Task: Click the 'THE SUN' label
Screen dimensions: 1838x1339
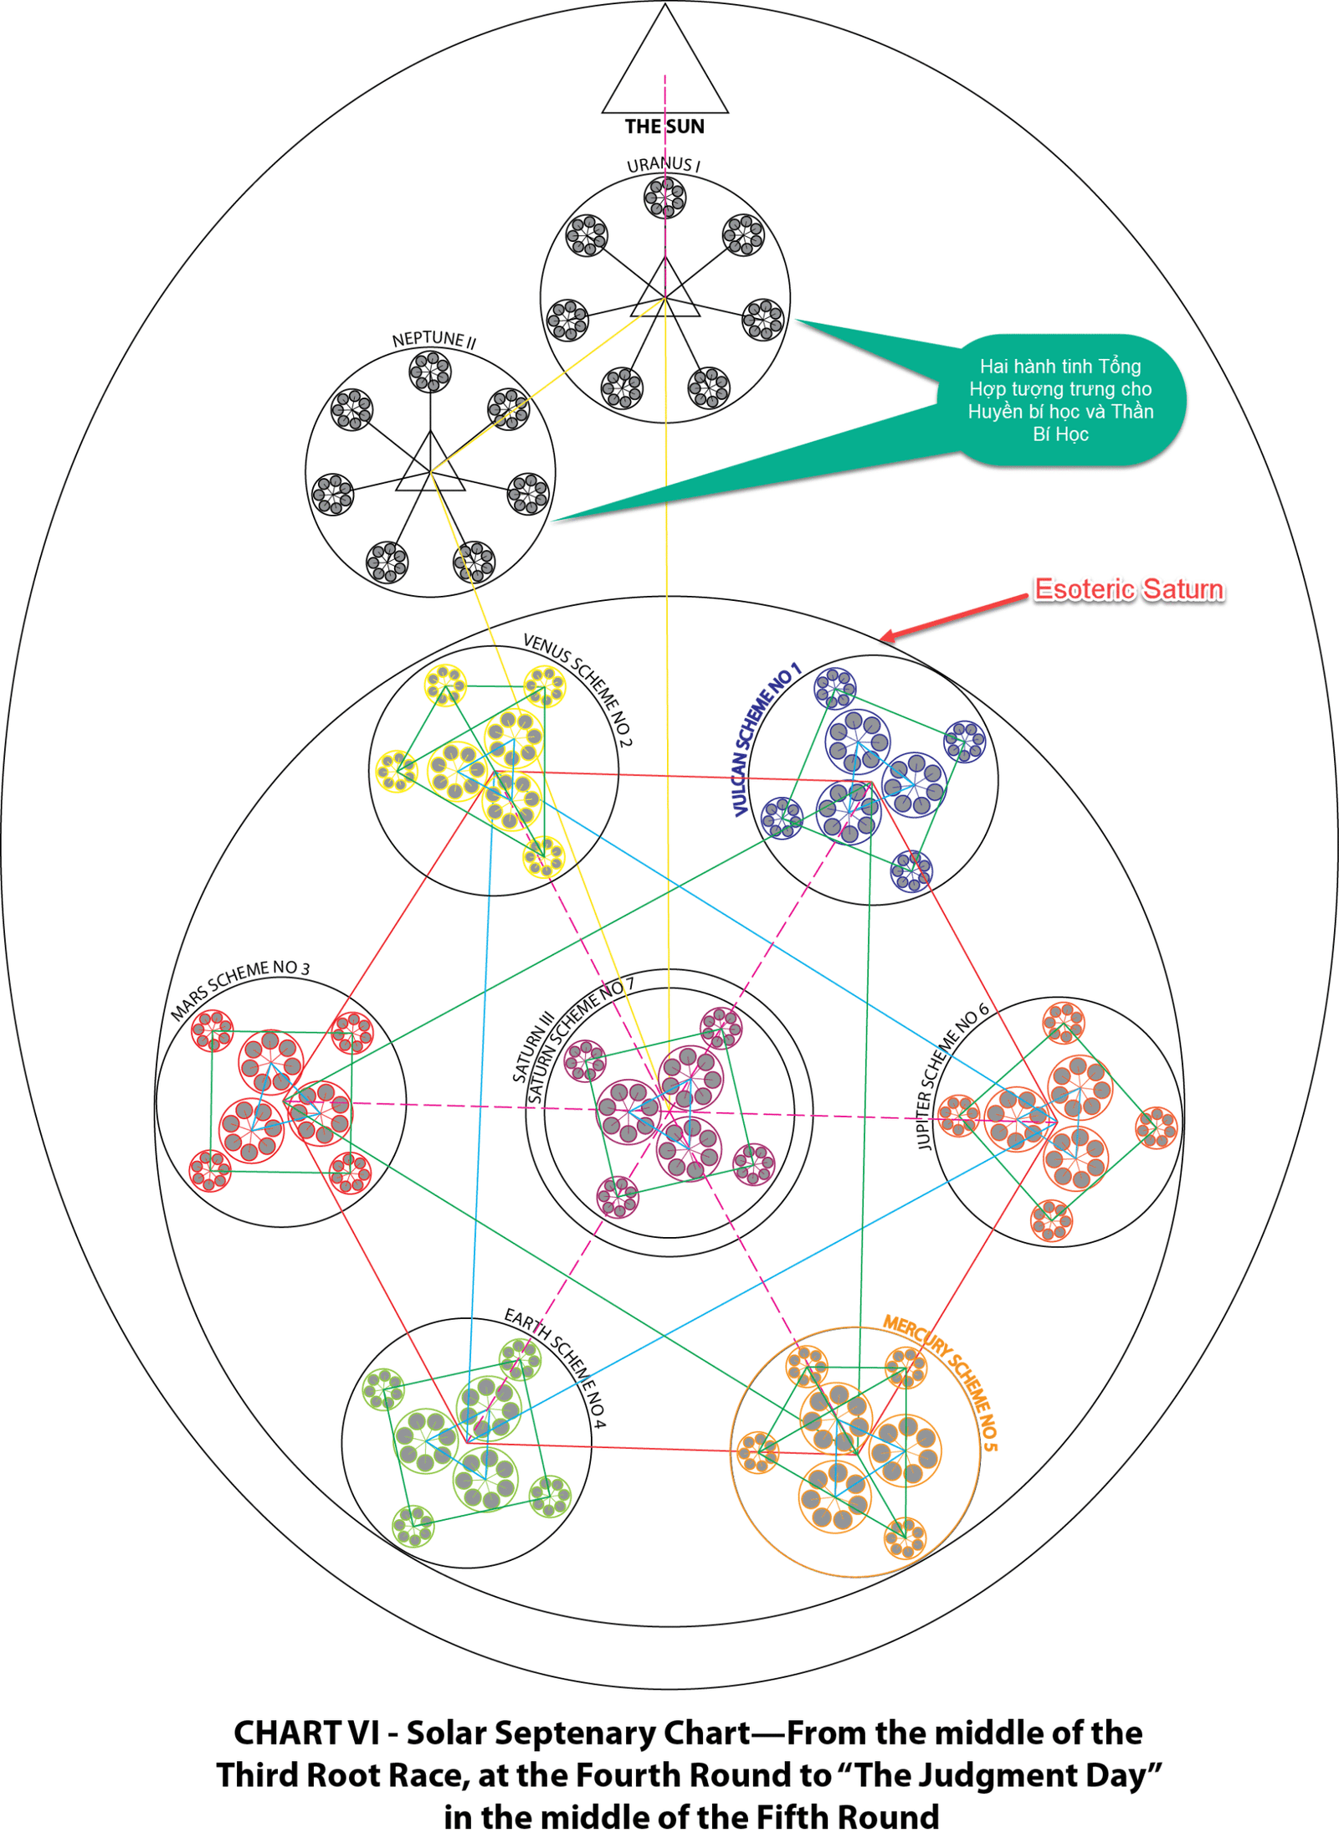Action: coord(664,126)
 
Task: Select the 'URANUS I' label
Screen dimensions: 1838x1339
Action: coord(663,164)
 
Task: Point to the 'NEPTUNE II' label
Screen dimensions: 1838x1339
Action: coord(434,339)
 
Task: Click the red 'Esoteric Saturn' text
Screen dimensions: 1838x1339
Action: coord(1129,589)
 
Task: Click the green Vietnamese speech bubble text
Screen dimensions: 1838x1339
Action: coord(1060,400)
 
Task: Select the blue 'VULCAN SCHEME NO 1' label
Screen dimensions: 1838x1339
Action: coord(765,739)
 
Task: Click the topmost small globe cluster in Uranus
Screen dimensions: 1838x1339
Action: coord(664,198)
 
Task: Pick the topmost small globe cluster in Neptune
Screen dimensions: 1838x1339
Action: coord(430,372)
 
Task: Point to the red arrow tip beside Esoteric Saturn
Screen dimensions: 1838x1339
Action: coord(884,640)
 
